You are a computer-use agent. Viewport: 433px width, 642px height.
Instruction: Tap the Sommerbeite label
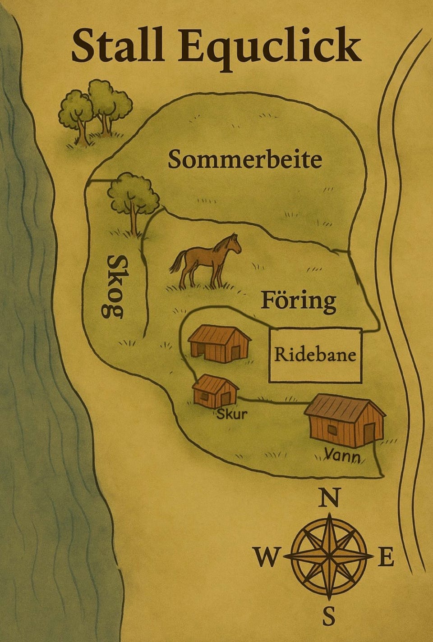(245, 160)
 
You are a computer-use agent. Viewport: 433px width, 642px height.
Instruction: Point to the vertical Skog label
(115, 286)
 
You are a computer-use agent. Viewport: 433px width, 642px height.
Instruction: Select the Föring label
(299, 301)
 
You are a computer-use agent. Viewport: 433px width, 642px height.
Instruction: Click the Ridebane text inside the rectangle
(315, 355)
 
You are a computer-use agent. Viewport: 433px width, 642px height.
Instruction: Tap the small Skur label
(232, 414)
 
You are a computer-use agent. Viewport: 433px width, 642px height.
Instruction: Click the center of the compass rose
(330, 557)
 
